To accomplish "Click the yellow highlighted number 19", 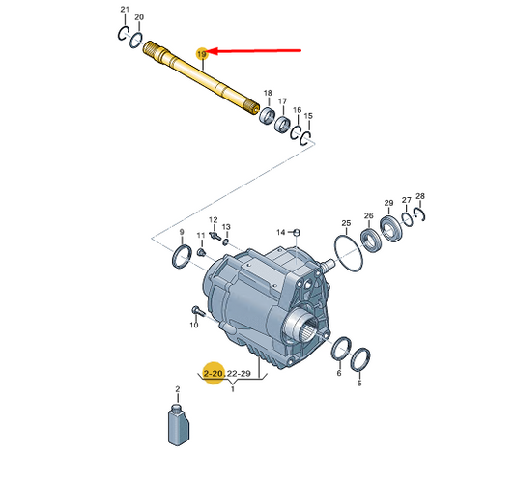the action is pyautogui.click(x=202, y=53).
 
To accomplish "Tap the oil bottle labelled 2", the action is pyautogui.click(x=179, y=425).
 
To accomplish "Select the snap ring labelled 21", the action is pyautogui.click(x=122, y=34).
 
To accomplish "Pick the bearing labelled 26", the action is pyautogui.click(x=371, y=241).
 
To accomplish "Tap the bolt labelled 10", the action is pyautogui.click(x=198, y=311).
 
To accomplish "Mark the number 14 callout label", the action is pyautogui.click(x=281, y=233).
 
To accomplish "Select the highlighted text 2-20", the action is pyautogui.click(x=214, y=373).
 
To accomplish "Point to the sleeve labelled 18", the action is pyautogui.click(x=268, y=115).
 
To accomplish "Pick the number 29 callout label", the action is pyautogui.click(x=388, y=203).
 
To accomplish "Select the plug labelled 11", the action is pyautogui.click(x=200, y=252).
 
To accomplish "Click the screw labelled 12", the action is pyautogui.click(x=215, y=235).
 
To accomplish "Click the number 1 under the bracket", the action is pyautogui.click(x=233, y=389).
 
